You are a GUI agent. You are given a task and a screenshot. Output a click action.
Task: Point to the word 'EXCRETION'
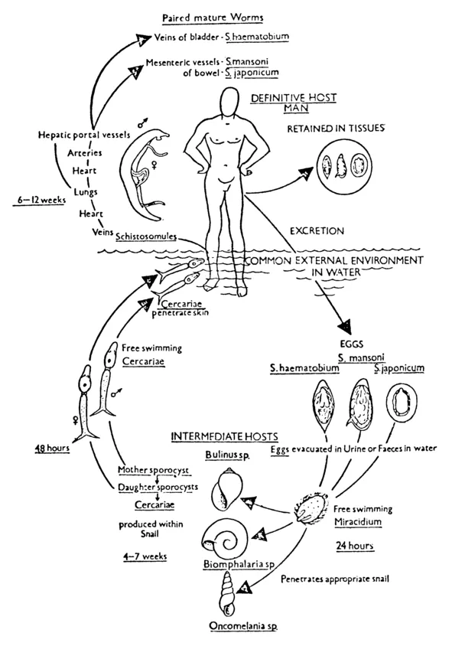[319, 229]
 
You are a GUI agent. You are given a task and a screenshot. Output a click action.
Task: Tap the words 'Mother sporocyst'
[144, 468]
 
